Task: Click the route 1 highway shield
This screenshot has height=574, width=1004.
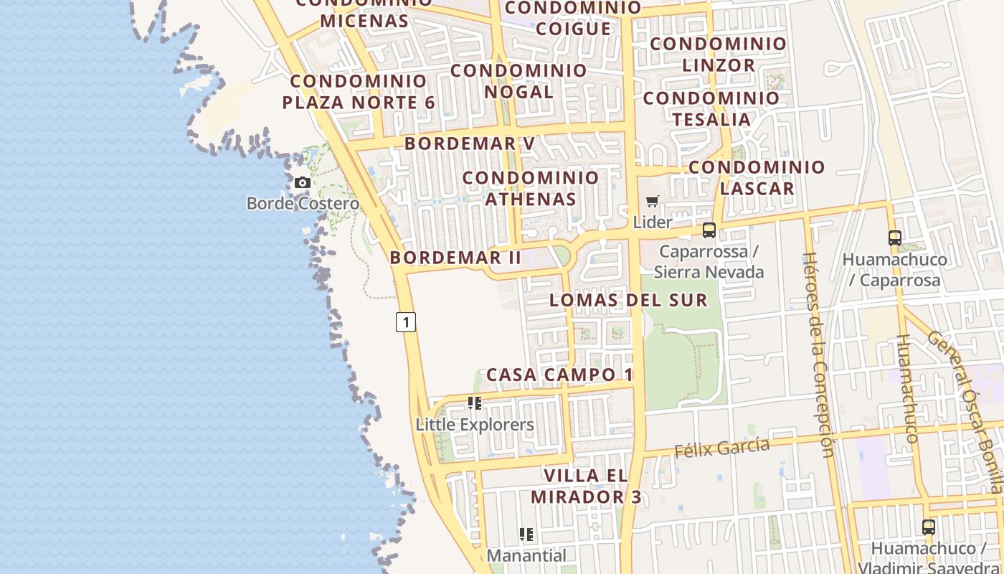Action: tap(406, 322)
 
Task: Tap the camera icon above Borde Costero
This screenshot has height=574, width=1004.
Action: tap(303, 183)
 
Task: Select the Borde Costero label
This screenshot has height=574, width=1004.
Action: tap(303, 204)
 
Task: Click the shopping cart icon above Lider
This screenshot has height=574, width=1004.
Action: tap(652, 202)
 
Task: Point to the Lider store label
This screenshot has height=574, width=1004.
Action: tap(653, 222)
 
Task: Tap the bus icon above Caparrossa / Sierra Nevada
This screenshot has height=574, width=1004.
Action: tap(709, 230)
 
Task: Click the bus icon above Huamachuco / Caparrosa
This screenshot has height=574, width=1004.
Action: tap(895, 238)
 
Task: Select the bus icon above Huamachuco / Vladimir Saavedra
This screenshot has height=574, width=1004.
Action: tap(929, 527)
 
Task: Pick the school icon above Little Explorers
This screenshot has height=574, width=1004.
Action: tap(475, 403)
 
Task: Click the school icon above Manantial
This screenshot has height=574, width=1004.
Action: tap(526, 535)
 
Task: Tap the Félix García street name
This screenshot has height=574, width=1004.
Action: tap(722, 448)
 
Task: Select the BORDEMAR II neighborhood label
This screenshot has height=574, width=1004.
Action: tap(455, 258)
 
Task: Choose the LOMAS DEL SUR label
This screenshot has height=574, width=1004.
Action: tap(628, 300)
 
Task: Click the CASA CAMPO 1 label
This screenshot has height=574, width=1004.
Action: tap(560, 375)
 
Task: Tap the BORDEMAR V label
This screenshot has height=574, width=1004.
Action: tap(470, 143)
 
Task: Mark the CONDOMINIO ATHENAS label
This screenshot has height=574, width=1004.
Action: tap(531, 188)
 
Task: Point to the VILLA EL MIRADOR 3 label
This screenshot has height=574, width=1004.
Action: tap(586, 486)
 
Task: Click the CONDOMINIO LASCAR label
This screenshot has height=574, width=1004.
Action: tap(757, 178)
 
